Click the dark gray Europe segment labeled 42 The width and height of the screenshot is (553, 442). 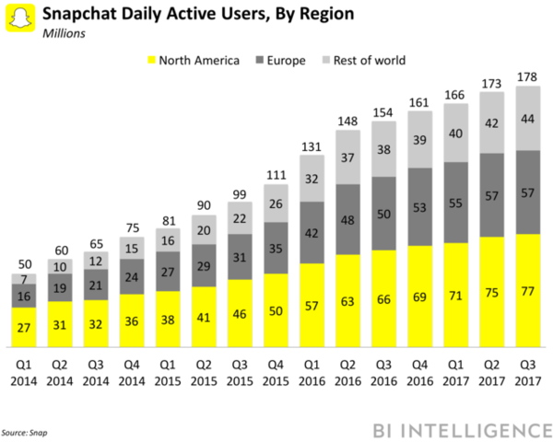[312, 232]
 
